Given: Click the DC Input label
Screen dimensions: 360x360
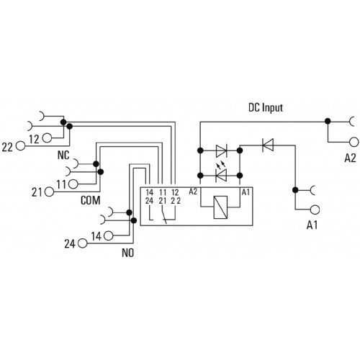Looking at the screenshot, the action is (266, 108).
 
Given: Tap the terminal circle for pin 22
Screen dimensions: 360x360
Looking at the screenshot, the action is (21, 145).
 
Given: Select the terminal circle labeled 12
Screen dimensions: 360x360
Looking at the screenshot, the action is (47, 138).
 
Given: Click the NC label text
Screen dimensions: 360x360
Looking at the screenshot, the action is (63, 155).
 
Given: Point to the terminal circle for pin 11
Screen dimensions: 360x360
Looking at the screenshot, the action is (73, 184).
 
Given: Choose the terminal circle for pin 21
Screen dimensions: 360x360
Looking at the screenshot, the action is (50, 192).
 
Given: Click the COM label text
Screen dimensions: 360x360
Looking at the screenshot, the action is (90, 200).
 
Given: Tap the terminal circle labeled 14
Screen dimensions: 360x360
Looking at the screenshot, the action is (108, 236).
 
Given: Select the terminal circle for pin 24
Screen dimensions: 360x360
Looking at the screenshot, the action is (83, 243).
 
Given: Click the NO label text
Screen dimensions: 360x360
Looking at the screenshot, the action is (127, 253).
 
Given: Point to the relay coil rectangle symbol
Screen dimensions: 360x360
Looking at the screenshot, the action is (220, 207).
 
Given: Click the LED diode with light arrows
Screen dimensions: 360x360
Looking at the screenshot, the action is (221, 175).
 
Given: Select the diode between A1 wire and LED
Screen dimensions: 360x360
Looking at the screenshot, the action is (268, 145).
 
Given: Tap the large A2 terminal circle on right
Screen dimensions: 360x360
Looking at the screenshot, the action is (354, 142).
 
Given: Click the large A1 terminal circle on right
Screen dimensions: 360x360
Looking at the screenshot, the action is (315, 210).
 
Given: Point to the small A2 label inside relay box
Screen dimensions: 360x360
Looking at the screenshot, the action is (193, 192).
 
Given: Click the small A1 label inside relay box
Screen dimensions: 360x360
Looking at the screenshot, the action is (246, 192).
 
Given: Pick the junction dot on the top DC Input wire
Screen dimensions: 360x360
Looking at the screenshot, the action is (328, 121).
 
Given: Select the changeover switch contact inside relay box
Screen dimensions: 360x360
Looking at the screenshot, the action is (164, 216).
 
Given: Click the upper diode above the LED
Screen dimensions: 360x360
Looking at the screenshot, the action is (221, 150).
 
